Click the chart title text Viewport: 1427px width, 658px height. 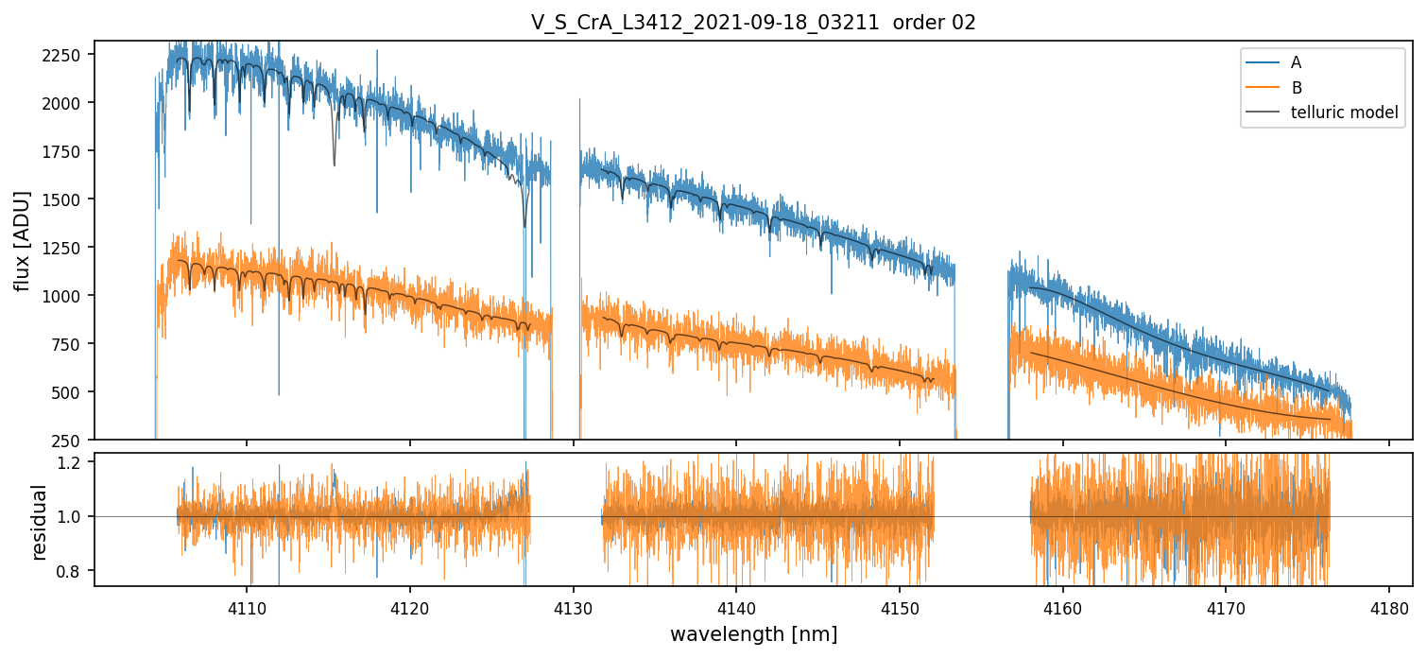click(753, 23)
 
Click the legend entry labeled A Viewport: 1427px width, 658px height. click(1296, 62)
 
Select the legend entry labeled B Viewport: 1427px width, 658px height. click(1296, 88)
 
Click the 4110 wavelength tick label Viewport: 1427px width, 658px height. click(247, 605)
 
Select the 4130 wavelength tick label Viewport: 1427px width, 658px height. click(574, 605)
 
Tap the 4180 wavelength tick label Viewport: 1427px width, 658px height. click(1388, 605)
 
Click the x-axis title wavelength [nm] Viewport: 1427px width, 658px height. click(753, 634)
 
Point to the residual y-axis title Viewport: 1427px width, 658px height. click(40, 522)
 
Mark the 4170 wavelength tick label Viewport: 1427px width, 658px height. click(1226, 605)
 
